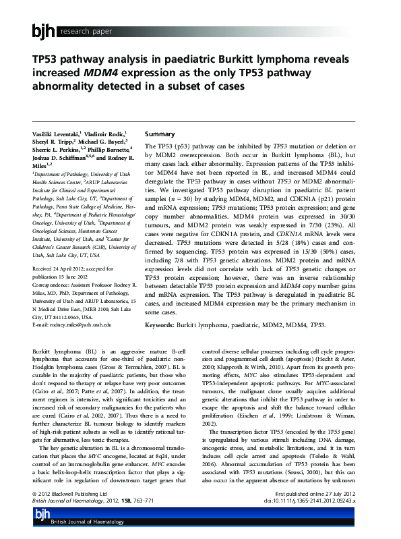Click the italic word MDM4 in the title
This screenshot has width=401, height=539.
pos(100,73)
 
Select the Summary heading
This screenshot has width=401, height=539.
pos(160,134)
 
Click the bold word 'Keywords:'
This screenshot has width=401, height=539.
pos(160,325)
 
